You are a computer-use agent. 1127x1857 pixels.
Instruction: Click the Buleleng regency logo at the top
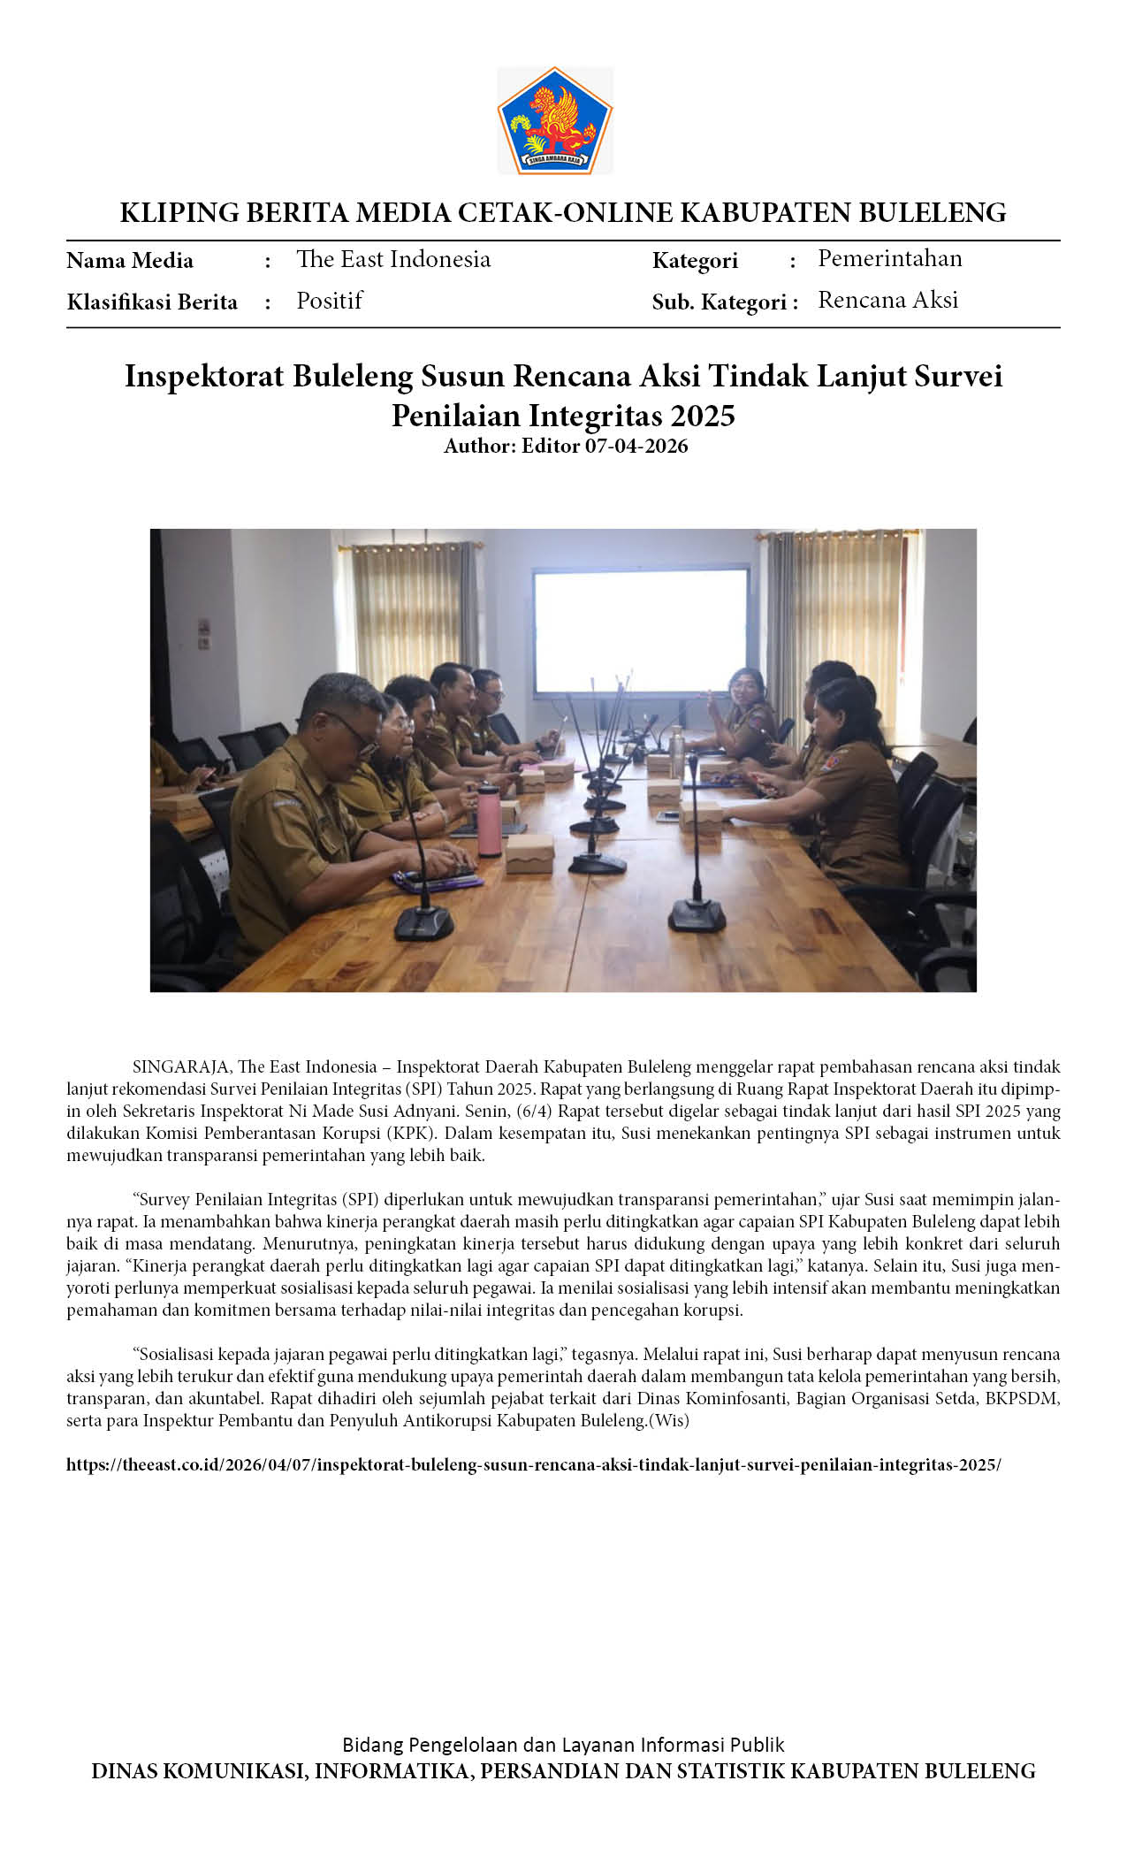click(555, 120)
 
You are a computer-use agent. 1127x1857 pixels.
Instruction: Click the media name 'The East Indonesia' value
click(393, 259)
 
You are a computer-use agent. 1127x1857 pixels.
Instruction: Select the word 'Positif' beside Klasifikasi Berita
click(329, 301)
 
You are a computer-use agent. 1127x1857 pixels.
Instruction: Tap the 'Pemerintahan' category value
click(889, 258)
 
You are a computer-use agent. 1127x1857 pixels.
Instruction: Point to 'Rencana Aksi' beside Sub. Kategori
click(887, 300)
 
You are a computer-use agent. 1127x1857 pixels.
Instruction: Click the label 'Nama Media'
click(130, 261)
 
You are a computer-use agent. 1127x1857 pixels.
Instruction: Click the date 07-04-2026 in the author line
click(636, 446)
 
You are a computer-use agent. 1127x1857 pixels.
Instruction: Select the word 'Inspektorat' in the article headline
click(204, 376)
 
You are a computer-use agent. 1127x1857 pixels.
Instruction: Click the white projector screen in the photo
click(640, 629)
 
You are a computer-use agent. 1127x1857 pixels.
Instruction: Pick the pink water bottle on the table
click(489, 820)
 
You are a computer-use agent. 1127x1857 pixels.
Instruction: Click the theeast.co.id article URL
click(533, 1464)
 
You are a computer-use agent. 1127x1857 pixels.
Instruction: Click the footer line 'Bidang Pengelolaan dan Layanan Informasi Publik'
click(563, 1745)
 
